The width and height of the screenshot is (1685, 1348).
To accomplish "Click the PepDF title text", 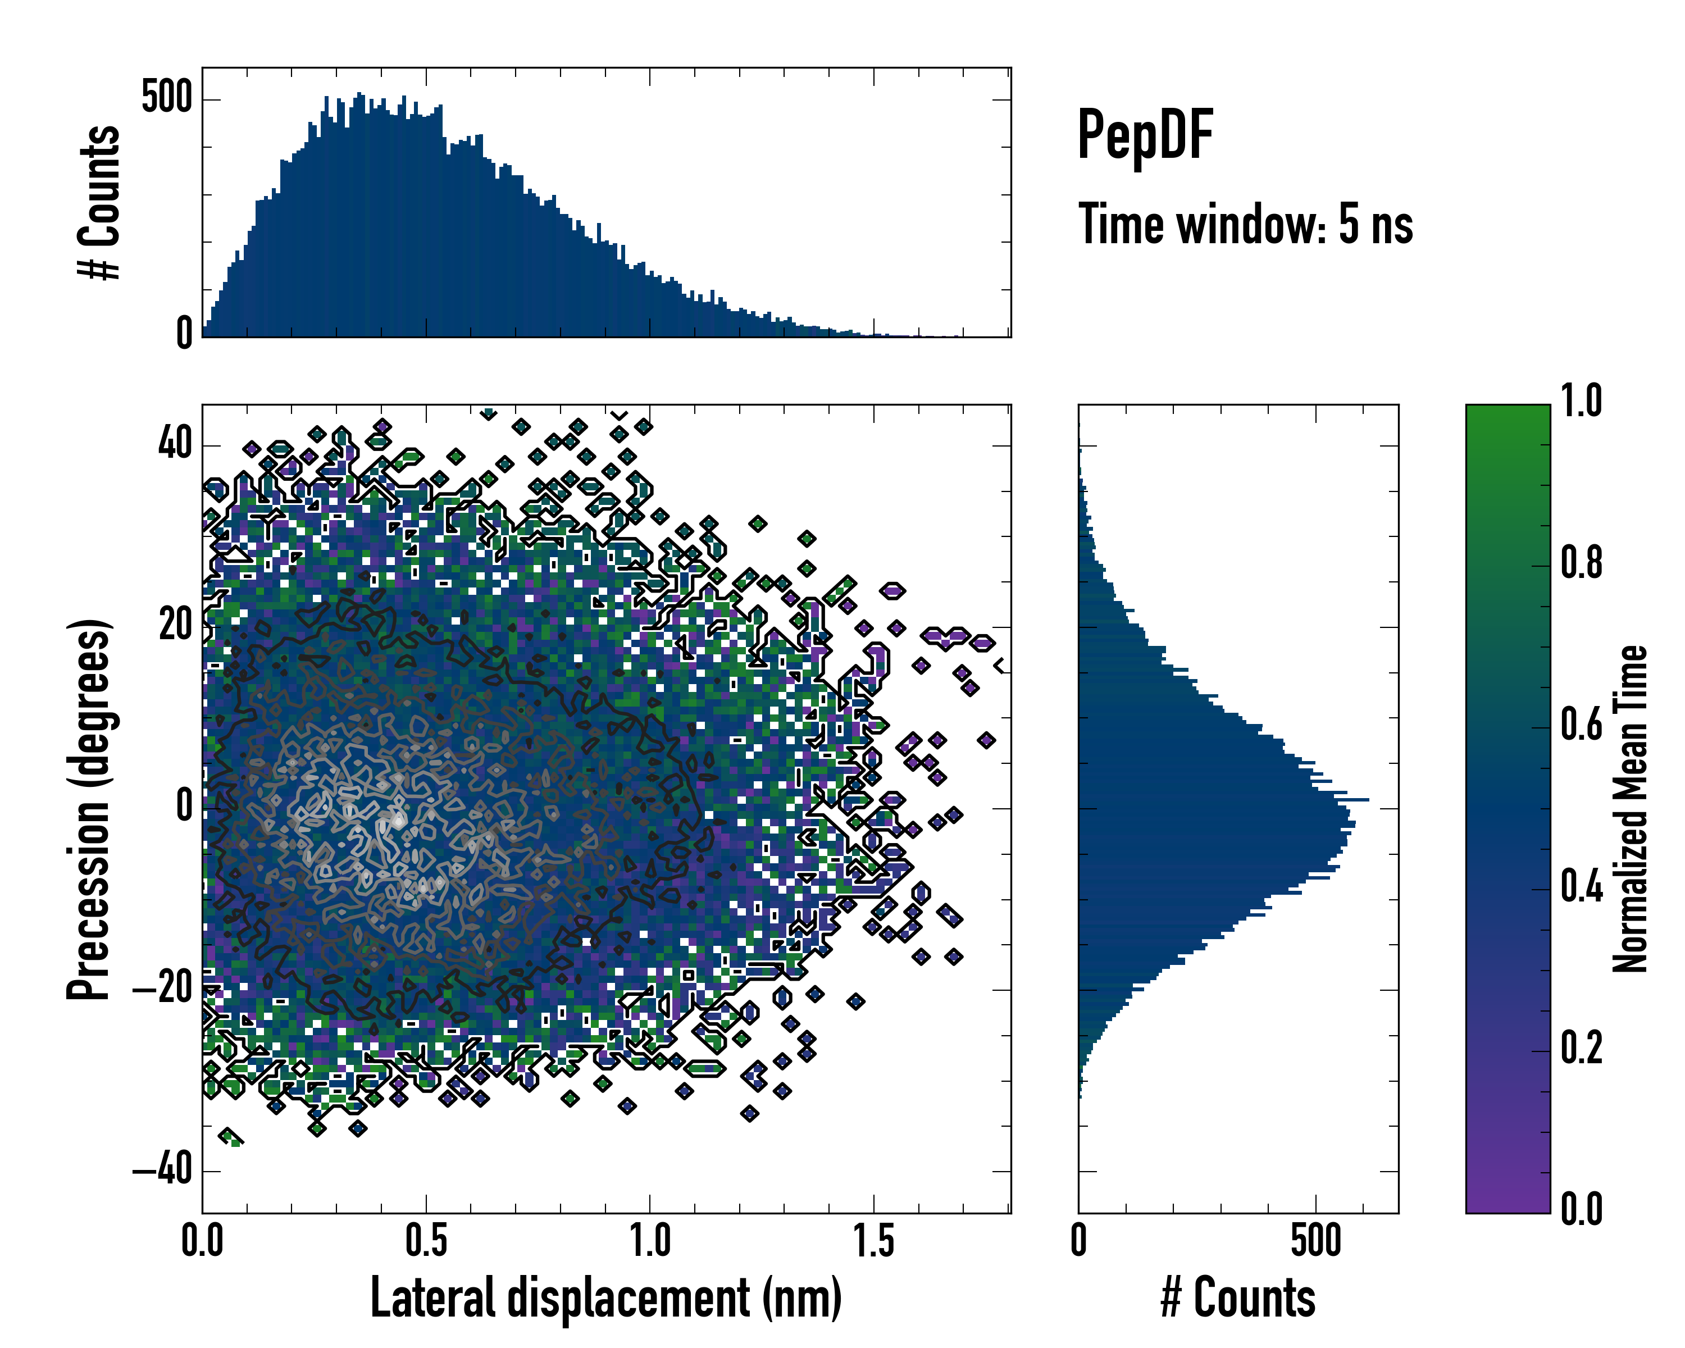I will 1145,136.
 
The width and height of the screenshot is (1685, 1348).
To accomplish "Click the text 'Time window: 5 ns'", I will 1246,224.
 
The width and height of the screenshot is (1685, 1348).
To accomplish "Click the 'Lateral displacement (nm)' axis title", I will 605,1298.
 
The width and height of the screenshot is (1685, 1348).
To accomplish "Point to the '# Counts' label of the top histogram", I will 99,202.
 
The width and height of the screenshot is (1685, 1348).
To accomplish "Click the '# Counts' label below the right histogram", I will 1238,1298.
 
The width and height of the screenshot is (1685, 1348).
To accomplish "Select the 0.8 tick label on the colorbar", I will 1581,563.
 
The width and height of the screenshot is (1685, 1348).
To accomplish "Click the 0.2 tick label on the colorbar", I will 1581,1047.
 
